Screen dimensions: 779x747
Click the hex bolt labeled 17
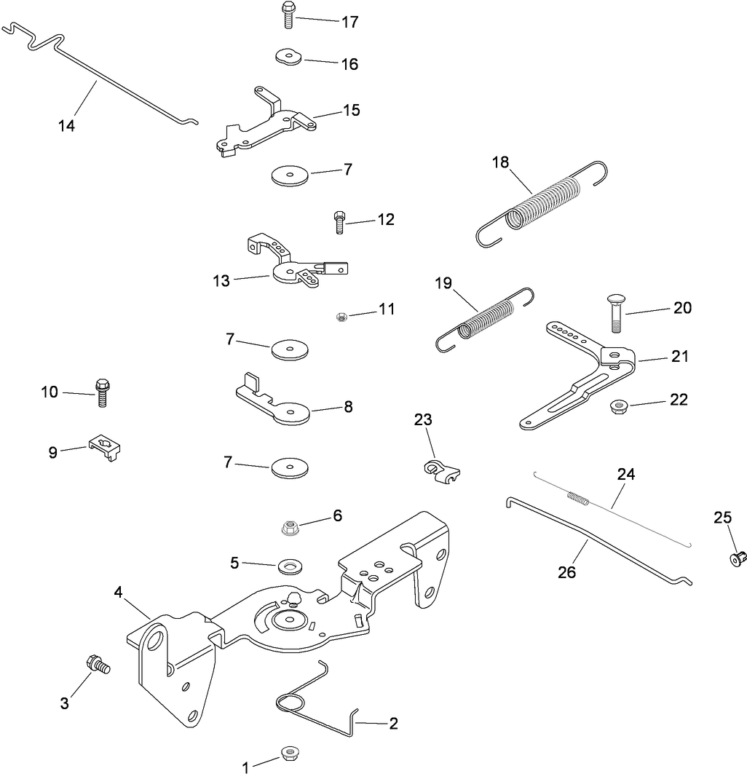click(288, 15)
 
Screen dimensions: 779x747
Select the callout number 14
click(66, 126)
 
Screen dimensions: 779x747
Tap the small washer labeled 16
click(289, 57)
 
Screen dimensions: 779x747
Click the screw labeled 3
click(96, 664)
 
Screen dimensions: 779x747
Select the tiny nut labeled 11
click(340, 316)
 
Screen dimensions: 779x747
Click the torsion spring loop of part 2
click(290, 703)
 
